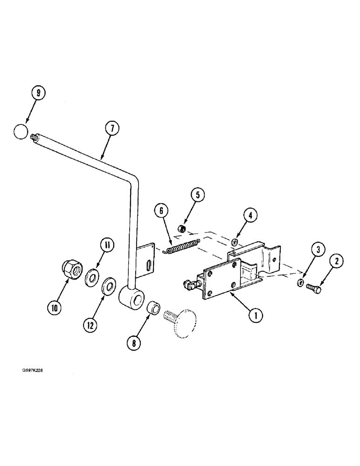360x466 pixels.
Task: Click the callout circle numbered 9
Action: click(39, 93)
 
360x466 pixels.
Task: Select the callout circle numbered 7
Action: click(112, 128)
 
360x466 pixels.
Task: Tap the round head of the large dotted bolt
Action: click(186, 323)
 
